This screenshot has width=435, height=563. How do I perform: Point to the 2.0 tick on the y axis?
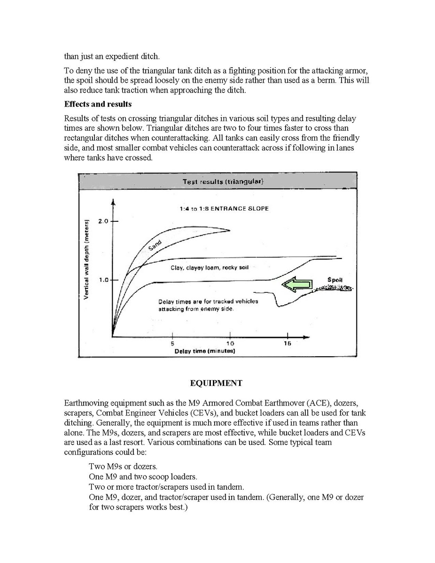103,221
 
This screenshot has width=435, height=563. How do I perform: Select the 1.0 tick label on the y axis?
103,280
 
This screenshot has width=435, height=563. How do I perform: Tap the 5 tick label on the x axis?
173,344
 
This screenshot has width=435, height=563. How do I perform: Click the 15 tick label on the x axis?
287,344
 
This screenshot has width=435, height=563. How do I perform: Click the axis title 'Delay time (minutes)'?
205,352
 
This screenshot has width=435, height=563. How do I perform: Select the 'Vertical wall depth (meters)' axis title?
87,259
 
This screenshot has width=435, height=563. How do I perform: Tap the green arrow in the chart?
297,284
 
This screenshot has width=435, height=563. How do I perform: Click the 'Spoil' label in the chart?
335,280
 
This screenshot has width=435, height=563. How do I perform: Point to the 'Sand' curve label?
155,245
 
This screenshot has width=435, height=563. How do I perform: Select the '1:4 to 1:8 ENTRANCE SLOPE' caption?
224,209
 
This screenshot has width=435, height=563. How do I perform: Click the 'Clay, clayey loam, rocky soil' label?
210,267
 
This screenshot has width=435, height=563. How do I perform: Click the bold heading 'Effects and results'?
98,104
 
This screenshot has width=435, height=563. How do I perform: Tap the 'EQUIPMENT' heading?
216,383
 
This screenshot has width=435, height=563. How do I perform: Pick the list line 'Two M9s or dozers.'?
123,467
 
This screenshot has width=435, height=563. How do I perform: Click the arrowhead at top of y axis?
113,203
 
